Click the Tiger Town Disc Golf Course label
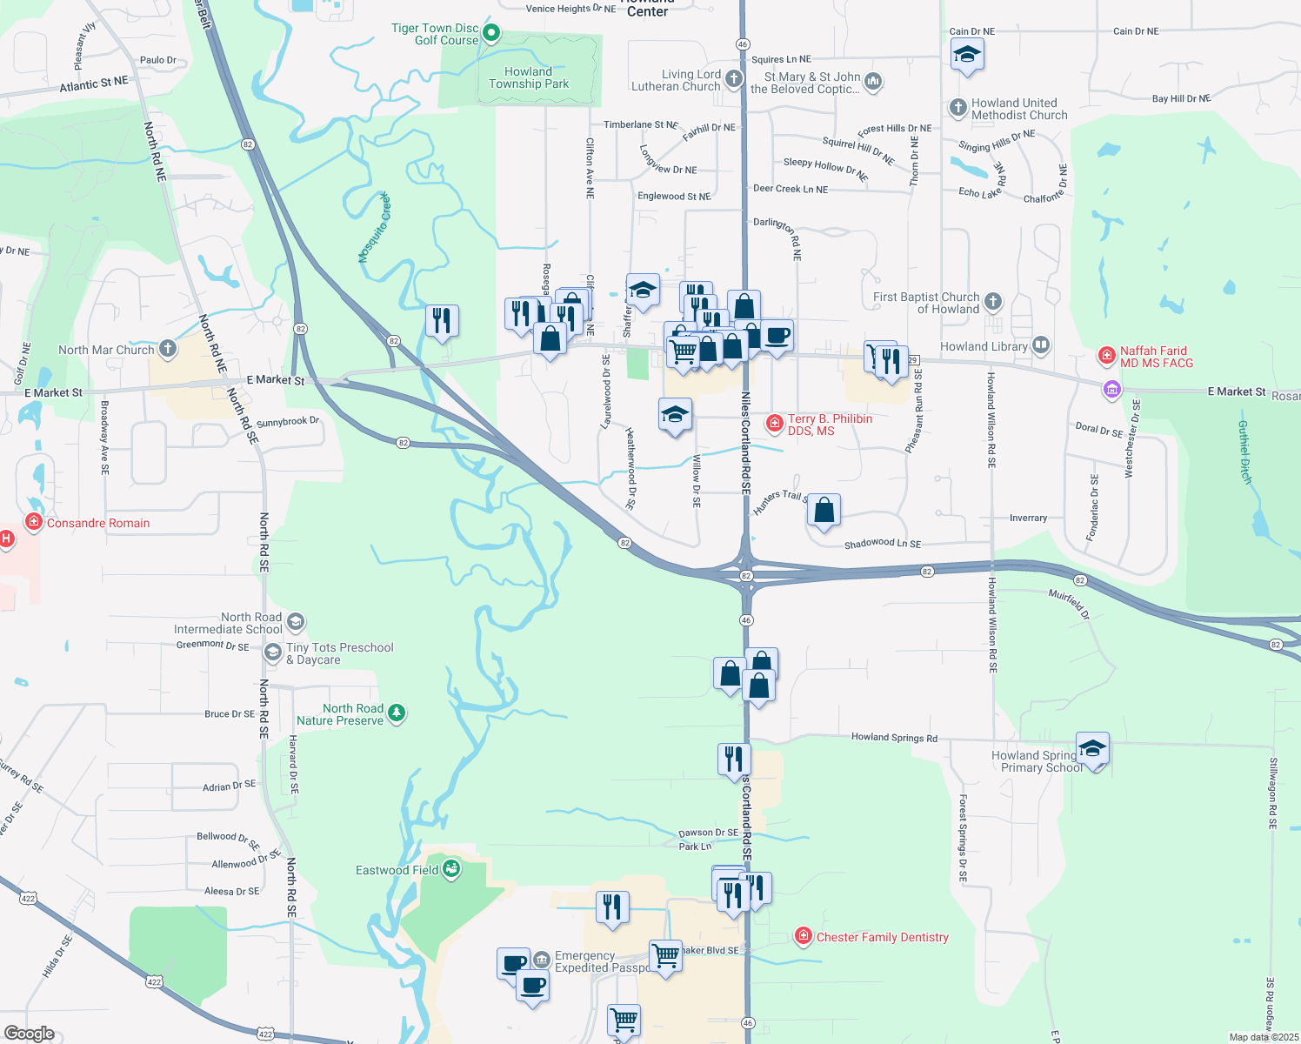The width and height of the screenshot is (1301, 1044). [435, 34]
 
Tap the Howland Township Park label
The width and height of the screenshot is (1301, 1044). [528, 78]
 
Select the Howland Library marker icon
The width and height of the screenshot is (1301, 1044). [1040, 345]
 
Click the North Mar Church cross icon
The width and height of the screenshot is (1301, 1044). [168, 349]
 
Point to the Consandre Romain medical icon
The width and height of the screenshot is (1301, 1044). [34, 522]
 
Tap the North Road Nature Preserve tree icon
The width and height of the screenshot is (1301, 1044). [397, 713]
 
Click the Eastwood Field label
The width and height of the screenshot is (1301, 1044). [397, 870]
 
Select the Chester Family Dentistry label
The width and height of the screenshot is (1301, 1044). [882, 937]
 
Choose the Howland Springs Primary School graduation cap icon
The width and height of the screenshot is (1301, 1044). [1092, 749]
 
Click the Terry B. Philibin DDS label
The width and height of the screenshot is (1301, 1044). [830, 425]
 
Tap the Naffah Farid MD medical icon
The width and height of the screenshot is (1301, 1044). [1107, 355]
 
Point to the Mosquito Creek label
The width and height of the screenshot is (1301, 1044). [376, 228]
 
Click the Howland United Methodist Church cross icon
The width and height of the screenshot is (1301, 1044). [957, 108]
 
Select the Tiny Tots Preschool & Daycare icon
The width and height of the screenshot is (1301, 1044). [273, 652]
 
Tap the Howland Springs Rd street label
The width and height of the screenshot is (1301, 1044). [894, 737]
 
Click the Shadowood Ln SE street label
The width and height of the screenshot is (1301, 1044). [882, 544]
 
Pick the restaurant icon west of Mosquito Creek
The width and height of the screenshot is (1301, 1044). [442, 320]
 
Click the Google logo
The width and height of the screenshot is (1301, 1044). [29, 1034]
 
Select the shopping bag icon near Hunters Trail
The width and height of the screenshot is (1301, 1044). [824, 510]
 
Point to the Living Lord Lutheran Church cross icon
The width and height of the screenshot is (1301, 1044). [734, 80]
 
